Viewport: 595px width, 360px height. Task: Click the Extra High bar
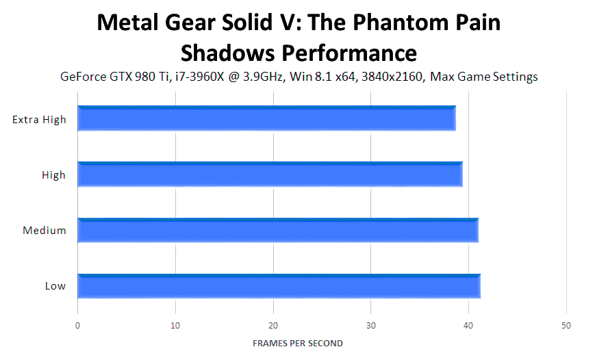(266, 119)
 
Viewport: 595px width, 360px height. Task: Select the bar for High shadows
(270, 175)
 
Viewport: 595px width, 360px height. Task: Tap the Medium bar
(277, 230)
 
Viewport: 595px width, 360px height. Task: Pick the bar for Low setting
(279, 285)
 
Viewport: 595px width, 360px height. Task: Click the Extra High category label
(39, 120)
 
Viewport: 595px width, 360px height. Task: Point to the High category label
(53, 175)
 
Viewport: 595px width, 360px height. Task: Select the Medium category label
(45, 231)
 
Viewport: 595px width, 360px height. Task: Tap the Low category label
(55, 286)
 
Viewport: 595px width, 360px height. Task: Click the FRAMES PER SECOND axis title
(298, 343)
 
